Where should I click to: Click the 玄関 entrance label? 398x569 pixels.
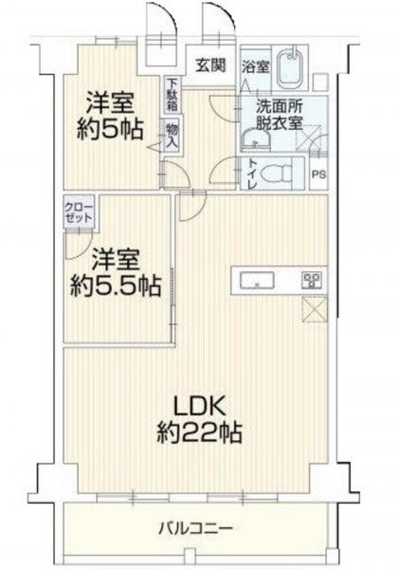[211, 65]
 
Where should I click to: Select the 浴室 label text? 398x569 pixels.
[256, 66]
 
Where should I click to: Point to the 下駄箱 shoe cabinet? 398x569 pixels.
[172, 94]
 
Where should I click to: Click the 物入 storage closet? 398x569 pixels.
[172, 135]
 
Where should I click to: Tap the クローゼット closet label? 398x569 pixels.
[79, 212]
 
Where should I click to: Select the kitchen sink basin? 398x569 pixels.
[256, 281]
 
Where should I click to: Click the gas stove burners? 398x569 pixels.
[312, 281]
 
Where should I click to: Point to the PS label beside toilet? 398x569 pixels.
[318, 174]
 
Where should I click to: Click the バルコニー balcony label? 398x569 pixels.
[195, 527]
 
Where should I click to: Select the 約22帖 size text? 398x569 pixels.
[199, 431]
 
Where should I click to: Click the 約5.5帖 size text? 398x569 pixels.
[116, 286]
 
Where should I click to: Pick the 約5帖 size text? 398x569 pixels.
[110, 129]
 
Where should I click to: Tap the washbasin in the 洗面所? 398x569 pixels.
[256, 139]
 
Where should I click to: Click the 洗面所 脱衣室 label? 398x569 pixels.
[280, 116]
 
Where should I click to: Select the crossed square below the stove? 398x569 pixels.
[315, 309]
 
